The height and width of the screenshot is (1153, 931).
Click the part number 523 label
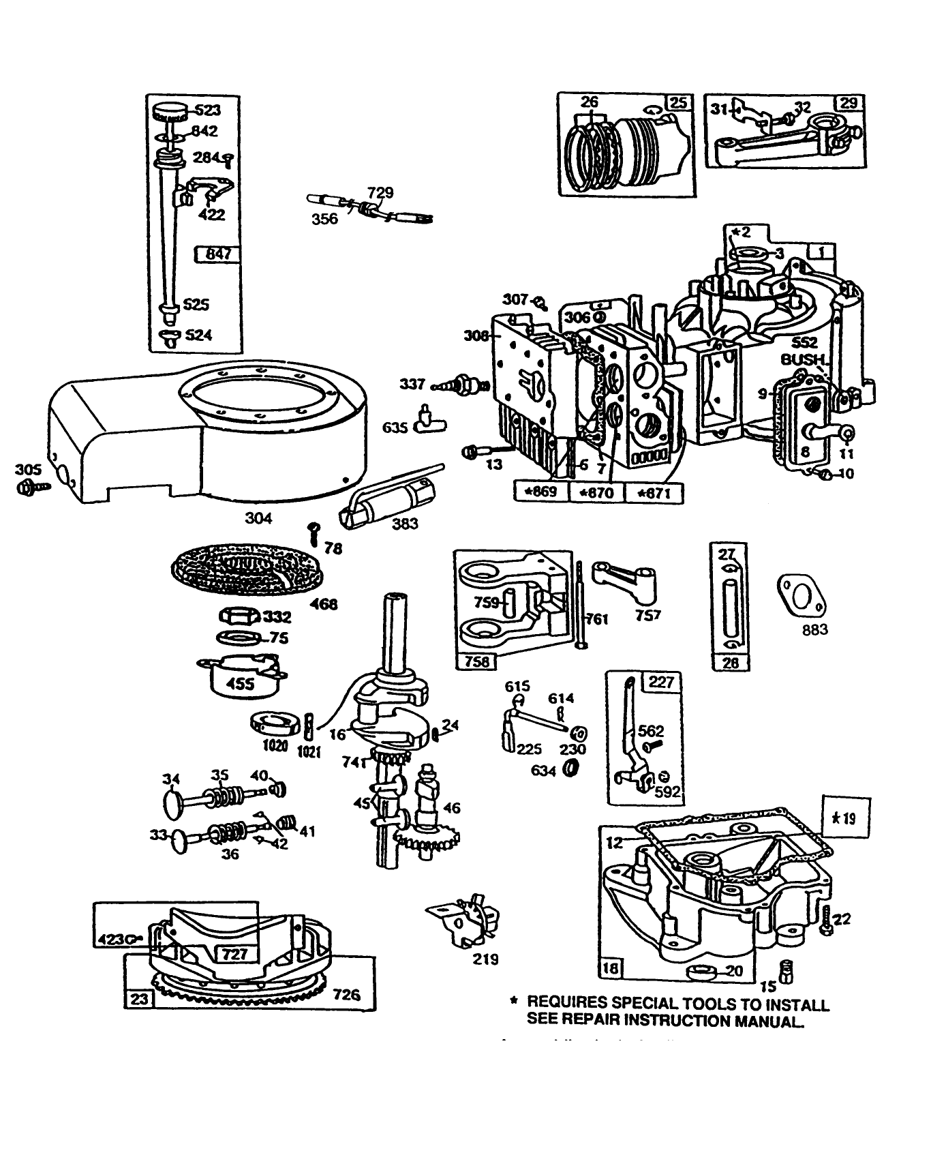pyautogui.click(x=208, y=110)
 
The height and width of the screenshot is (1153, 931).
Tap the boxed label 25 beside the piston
pyautogui.click(x=678, y=103)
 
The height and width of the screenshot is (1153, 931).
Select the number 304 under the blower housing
pyautogui.click(x=258, y=518)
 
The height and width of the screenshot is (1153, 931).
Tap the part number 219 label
pyautogui.click(x=485, y=959)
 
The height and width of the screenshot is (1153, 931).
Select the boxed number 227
pyautogui.click(x=660, y=682)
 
